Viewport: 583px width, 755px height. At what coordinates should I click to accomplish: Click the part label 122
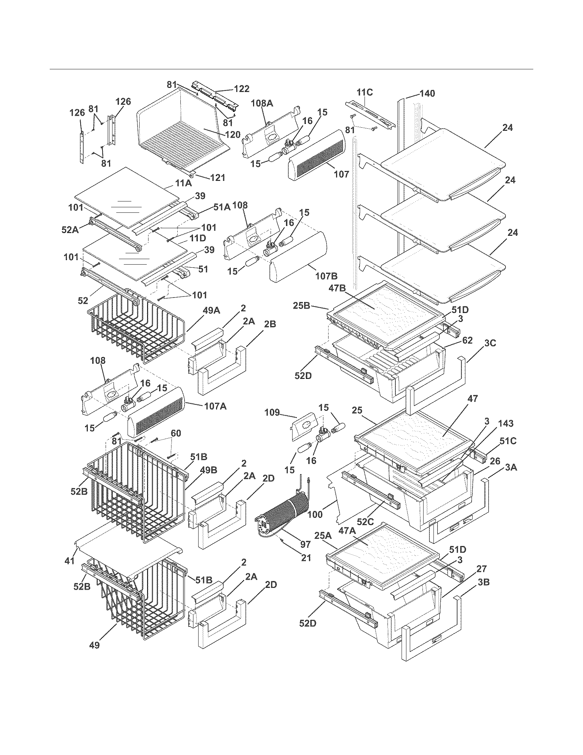pyautogui.click(x=241, y=89)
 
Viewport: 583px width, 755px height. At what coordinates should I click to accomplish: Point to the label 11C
pyautogui.click(x=365, y=92)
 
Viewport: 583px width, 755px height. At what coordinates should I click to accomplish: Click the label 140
pyautogui.click(x=427, y=93)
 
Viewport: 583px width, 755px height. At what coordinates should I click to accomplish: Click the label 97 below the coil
pyautogui.click(x=305, y=545)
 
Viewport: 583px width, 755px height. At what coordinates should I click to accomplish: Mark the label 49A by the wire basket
pyautogui.click(x=211, y=311)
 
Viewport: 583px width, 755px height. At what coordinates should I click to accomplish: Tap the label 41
pyautogui.click(x=70, y=561)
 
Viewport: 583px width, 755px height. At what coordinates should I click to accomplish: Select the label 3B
pyautogui.click(x=484, y=582)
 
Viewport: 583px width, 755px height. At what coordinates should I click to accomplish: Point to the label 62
pyautogui.click(x=467, y=340)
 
